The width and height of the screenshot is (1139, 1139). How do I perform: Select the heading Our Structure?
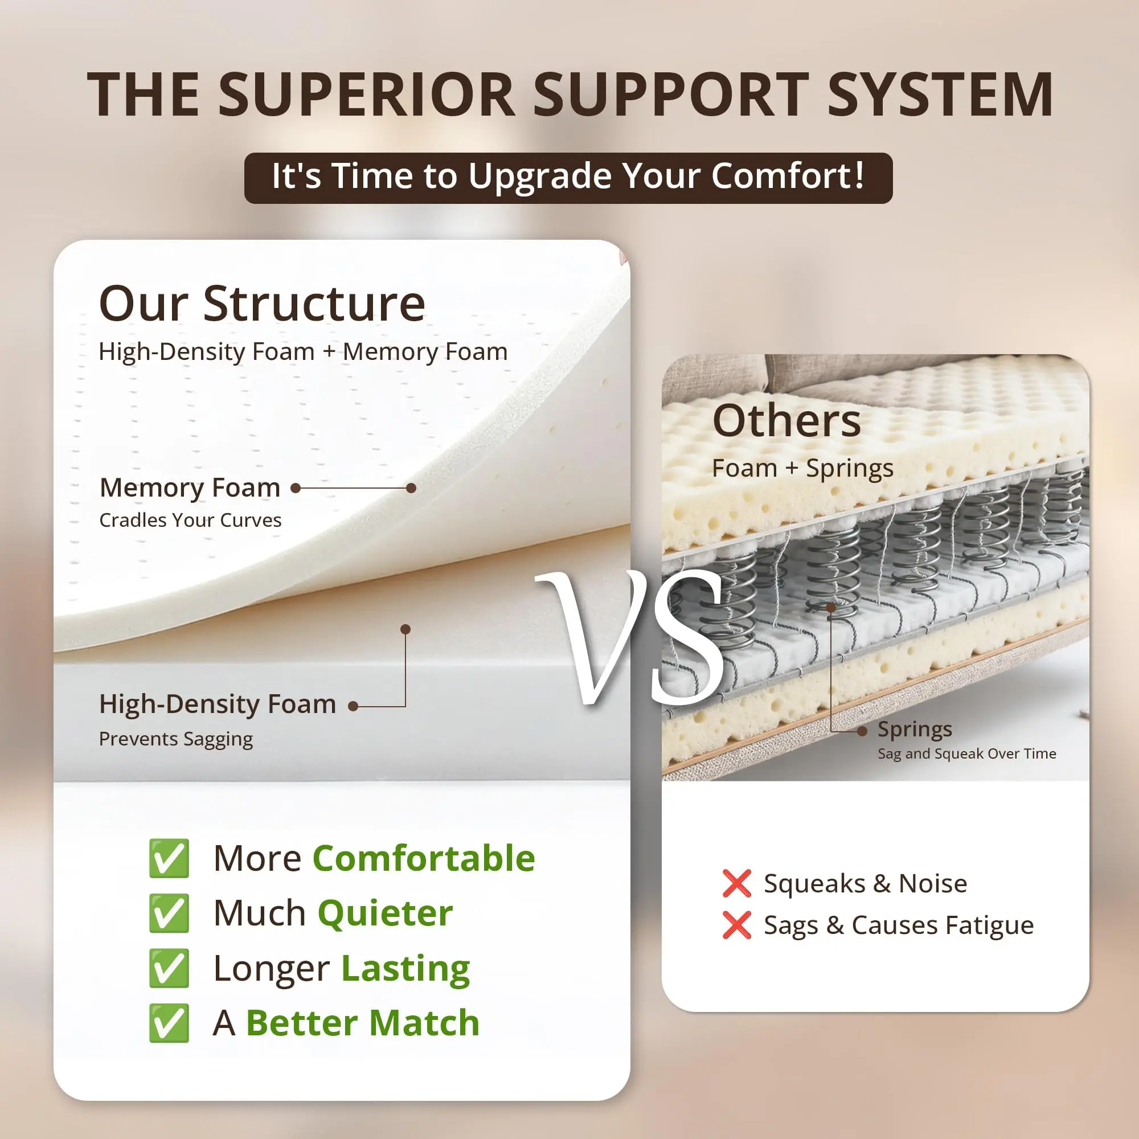click(x=262, y=304)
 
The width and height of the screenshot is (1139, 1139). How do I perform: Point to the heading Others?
click(x=786, y=420)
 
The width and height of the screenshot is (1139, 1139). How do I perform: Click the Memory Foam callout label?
click(x=190, y=487)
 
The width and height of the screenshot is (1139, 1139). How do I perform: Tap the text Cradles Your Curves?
click(x=190, y=520)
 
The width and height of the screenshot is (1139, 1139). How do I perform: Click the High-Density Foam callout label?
click(x=218, y=704)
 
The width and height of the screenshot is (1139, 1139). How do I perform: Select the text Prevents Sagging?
click(x=175, y=739)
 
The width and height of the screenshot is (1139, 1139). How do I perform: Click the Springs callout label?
click(x=915, y=730)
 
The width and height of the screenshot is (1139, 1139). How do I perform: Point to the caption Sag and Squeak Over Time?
click(x=966, y=753)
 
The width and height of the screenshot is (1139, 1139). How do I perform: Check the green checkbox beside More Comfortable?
click(x=169, y=858)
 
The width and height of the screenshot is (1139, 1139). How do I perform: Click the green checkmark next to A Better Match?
click(x=169, y=1023)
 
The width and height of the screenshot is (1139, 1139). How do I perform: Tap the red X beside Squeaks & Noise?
click(x=736, y=883)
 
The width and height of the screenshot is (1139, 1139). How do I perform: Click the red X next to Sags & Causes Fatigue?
click(x=736, y=925)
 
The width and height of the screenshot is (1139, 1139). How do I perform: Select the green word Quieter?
click(x=385, y=914)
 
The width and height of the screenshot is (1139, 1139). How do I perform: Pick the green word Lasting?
click(x=405, y=969)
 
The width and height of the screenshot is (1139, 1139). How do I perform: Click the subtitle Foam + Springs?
click(x=802, y=468)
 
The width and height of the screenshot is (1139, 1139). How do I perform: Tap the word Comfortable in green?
click(x=424, y=858)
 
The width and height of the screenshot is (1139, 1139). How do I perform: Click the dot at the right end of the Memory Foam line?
click(x=412, y=488)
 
